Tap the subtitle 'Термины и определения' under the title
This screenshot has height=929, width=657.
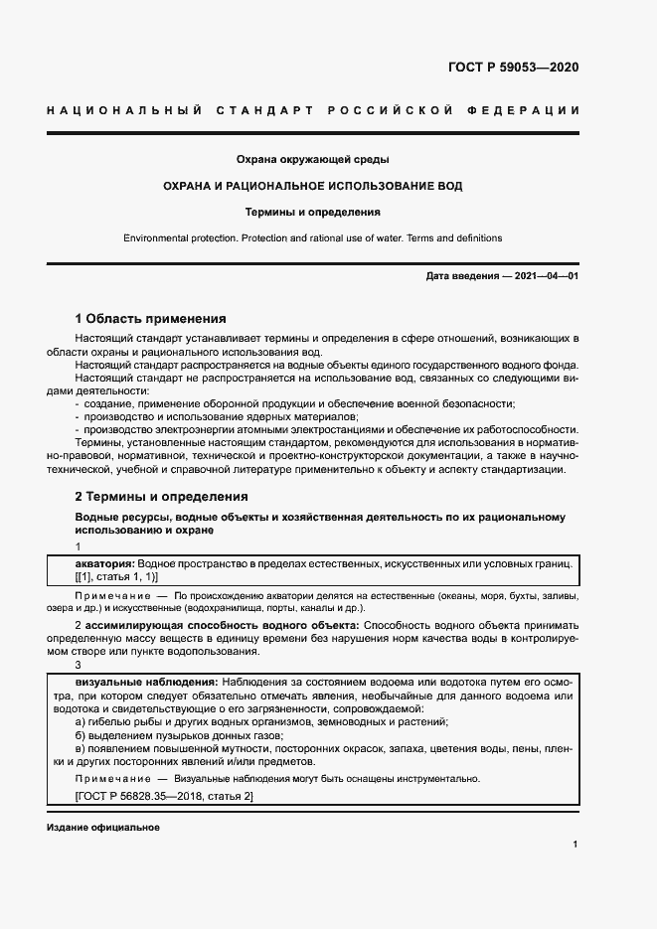tap(312, 212)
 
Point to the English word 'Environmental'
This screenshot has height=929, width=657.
tap(155, 238)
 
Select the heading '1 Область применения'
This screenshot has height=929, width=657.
tap(150, 319)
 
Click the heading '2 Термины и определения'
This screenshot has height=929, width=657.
tap(161, 496)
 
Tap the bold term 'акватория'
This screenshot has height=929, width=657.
tap(104, 563)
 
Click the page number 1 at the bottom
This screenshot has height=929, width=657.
tap(575, 845)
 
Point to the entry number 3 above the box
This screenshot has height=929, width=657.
tap(79, 666)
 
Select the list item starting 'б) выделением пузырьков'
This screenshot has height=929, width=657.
tap(179, 735)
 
